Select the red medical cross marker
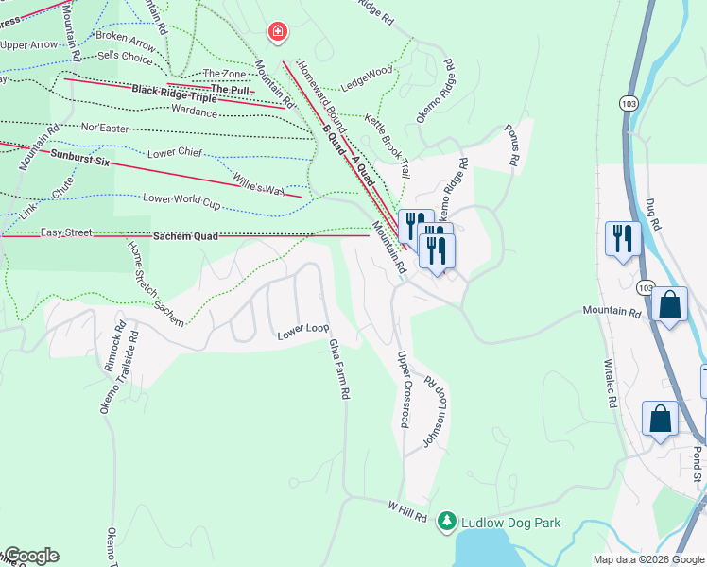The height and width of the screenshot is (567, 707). point(277,33)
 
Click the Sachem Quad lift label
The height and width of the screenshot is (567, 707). point(185,235)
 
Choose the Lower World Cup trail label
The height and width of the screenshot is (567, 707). point(181,200)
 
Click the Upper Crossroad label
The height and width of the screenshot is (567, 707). point(404,389)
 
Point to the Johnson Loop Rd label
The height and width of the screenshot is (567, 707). point(434,411)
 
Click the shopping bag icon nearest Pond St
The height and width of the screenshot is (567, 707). point(660,419)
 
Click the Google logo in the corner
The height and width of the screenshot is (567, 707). point(30,556)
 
